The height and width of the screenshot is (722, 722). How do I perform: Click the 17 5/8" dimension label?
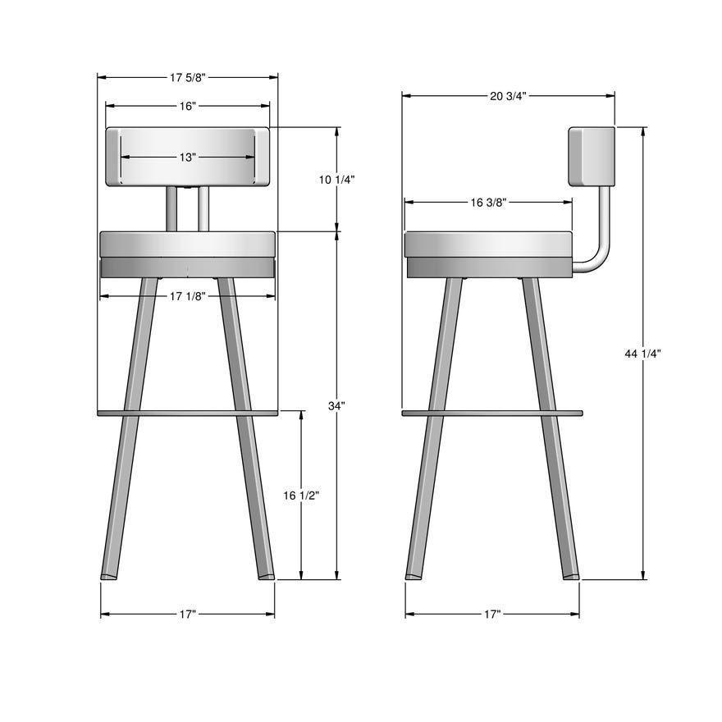click(187, 78)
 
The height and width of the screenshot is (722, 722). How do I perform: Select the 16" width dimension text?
click(187, 106)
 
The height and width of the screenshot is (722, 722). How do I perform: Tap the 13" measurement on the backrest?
click(187, 158)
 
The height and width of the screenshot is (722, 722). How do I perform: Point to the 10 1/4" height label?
click(337, 180)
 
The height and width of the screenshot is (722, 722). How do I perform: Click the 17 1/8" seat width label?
click(187, 296)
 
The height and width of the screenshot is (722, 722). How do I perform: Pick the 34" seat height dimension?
click(337, 405)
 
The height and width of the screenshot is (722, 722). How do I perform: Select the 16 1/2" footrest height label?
click(301, 495)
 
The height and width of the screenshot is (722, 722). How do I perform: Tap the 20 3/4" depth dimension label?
click(508, 96)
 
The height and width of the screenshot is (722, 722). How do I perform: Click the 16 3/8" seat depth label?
click(487, 203)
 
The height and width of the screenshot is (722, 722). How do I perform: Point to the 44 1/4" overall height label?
click(642, 353)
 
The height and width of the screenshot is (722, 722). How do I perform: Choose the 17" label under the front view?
click(187, 614)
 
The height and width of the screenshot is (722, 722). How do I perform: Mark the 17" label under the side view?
click(492, 614)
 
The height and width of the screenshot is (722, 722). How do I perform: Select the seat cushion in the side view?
click(488, 244)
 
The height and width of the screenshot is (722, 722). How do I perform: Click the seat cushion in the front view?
click(187, 244)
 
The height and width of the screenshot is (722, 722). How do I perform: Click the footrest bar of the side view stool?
click(492, 412)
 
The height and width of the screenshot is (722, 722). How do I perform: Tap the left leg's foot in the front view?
click(108, 576)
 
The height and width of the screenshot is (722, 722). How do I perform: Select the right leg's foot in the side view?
click(570, 576)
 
